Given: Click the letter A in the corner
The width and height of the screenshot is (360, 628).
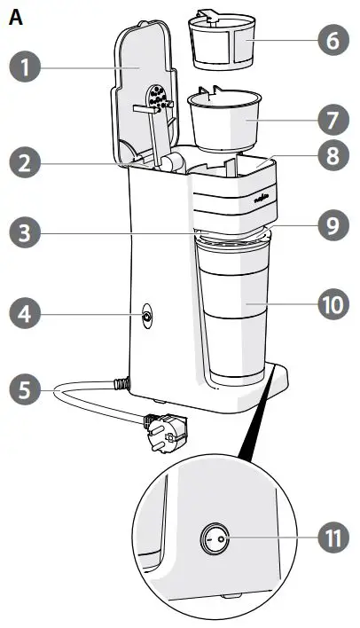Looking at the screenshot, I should click(14, 15).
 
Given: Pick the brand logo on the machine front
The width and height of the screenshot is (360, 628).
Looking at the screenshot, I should click(262, 201).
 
